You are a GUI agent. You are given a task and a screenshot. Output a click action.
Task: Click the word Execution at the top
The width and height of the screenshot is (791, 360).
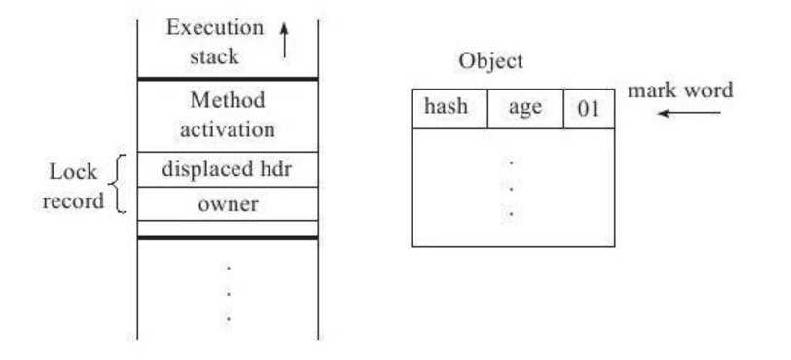coord(215,27)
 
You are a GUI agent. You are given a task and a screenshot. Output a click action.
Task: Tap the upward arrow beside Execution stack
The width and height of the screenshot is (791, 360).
coord(284,40)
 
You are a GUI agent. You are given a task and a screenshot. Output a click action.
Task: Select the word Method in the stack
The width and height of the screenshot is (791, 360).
coord(228,100)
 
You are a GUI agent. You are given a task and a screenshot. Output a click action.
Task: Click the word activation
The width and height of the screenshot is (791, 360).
coord(228,129)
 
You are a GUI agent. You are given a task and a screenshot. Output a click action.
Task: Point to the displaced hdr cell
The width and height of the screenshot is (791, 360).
coord(228,169)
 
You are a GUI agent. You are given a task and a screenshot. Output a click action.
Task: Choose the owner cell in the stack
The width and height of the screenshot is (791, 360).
coord(228,203)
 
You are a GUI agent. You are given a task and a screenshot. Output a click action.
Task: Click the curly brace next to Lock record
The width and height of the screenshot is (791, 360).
coord(117,184)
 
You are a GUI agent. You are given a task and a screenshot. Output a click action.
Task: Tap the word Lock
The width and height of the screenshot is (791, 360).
coord(73,172)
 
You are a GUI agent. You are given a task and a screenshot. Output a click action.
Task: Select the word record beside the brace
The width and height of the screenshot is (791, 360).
coord(73,201)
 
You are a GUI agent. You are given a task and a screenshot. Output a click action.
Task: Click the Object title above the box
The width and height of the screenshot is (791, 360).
coord(490,61)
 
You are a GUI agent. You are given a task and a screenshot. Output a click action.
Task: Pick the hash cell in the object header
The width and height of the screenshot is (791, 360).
coord(449,108)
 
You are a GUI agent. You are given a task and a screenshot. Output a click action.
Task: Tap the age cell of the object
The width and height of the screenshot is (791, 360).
coord(525,108)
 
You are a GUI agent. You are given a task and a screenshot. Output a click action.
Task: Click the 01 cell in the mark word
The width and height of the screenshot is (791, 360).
coord(590,108)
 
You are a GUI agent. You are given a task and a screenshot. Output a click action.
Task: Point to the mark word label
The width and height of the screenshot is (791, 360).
coord(680,90)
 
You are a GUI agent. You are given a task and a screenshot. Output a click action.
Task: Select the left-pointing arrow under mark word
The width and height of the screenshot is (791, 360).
coord(689,113)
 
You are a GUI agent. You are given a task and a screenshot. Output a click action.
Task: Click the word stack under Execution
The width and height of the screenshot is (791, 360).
coord(214,56)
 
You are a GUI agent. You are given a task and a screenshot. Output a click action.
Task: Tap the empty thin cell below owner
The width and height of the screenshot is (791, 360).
coord(228,229)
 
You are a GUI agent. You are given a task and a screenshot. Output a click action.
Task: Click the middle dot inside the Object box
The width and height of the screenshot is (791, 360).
coord(512,189)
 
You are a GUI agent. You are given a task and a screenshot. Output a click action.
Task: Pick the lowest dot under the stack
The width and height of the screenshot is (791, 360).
coord(229,319)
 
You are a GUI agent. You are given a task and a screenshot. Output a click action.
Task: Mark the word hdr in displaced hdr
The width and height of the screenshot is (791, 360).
coord(275,169)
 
